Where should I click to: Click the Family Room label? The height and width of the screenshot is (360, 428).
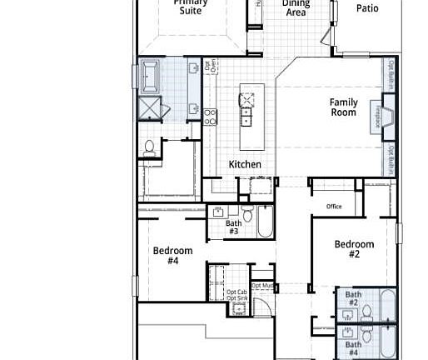pos(343,107)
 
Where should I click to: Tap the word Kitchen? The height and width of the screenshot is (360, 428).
pos(245,165)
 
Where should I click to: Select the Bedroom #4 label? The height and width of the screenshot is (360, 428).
pos(172,256)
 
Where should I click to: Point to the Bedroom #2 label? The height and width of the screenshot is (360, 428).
pos(354,249)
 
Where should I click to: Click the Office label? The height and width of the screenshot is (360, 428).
pos(334,207)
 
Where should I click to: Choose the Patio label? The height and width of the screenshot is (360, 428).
pos(367,8)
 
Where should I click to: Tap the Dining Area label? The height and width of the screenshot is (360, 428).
pos(296,8)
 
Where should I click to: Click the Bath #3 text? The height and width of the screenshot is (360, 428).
pos(233,227)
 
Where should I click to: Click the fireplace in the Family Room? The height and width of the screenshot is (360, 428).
pos(386,113)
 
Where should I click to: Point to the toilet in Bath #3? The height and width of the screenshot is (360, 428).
pos(248,214)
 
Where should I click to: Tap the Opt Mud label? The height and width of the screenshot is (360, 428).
pos(262,286)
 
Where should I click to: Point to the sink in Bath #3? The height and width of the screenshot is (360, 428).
pos(218,212)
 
